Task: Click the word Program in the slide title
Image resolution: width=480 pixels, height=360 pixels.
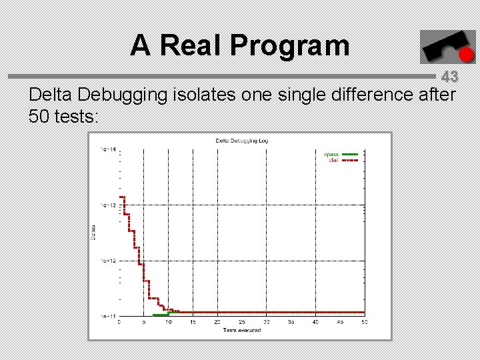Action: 289,45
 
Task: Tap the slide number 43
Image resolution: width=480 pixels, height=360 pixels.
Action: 449,77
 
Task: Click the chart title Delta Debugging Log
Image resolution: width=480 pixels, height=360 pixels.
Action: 241,141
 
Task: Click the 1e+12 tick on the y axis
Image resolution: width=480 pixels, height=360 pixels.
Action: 107,260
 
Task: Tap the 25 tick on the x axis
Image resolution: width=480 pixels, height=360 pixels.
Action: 242,322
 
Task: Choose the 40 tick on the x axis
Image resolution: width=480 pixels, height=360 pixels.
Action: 315,322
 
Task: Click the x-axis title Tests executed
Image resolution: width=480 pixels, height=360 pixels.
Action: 242,330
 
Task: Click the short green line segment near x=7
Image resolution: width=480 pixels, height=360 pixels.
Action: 160,315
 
